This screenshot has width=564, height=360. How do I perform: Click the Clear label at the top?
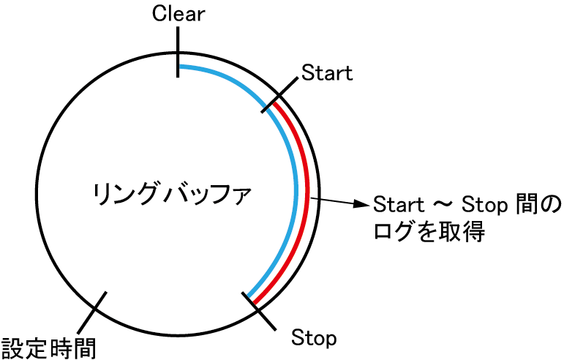coord(178,14)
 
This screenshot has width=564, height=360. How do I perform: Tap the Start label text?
coord(327,72)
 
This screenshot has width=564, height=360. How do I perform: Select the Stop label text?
coord(314,338)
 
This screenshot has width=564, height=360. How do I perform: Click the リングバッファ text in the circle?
coord(173,196)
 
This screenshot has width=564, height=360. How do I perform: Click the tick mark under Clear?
coord(177,64)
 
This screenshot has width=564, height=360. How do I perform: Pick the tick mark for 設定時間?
coord(96,310)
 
